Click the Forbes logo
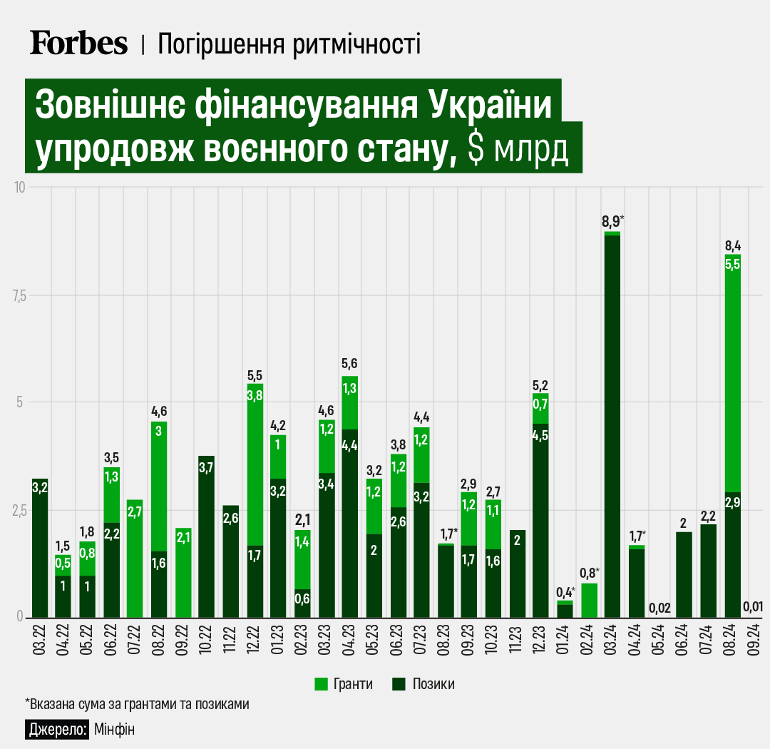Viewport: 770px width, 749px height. pyautogui.click(x=78, y=43)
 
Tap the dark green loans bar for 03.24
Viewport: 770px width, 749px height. pyautogui.click(x=612, y=428)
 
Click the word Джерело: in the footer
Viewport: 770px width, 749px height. pyautogui.click(x=58, y=729)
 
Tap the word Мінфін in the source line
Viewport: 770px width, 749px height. pyautogui.click(x=114, y=729)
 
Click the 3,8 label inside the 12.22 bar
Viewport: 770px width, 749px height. pyautogui.click(x=255, y=394)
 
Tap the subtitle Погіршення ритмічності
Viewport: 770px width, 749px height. pyautogui.click(x=289, y=44)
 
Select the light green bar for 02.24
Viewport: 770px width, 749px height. pyautogui.click(x=589, y=600)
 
